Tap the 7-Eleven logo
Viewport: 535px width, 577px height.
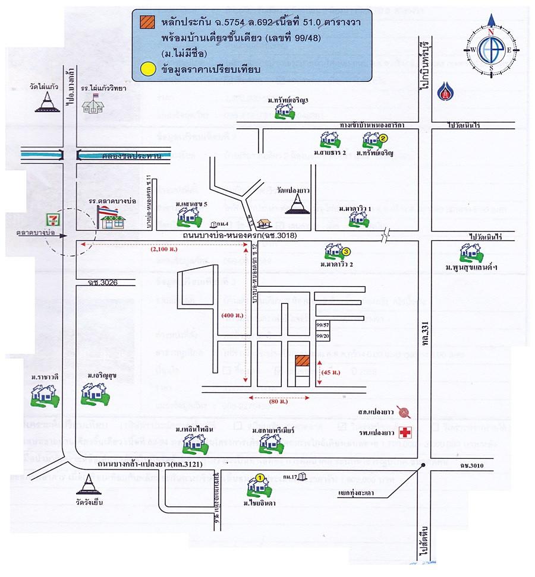point(54,219)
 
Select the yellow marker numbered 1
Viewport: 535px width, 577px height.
point(259,477)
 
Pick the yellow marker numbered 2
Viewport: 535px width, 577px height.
point(383,138)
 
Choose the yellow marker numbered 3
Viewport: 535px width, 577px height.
point(346,252)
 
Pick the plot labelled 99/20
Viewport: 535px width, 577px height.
point(323,336)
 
